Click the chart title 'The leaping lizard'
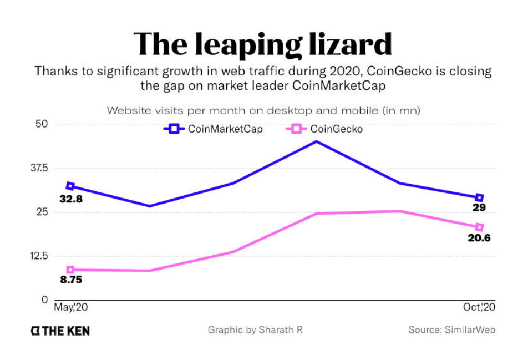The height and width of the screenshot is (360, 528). (x=263, y=44)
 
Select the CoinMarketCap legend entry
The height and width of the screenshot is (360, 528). (x=214, y=129)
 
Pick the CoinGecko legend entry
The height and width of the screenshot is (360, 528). (x=327, y=129)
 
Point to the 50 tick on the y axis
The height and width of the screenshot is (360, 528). (x=43, y=124)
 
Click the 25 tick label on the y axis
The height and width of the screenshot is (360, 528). (x=43, y=212)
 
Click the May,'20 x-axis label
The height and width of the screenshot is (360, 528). (x=70, y=307)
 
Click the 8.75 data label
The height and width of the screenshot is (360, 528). (x=71, y=280)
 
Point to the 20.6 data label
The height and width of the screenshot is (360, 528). (x=480, y=239)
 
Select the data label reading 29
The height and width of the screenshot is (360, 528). (x=480, y=208)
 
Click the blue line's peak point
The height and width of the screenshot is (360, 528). (x=316, y=141)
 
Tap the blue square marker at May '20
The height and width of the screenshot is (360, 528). (x=70, y=186)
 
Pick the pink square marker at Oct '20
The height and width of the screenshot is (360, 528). (x=480, y=227)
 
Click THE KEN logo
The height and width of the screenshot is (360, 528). (x=60, y=331)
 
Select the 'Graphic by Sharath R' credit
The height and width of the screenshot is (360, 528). (x=255, y=330)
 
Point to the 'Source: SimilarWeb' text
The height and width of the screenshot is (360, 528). (x=452, y=330)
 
